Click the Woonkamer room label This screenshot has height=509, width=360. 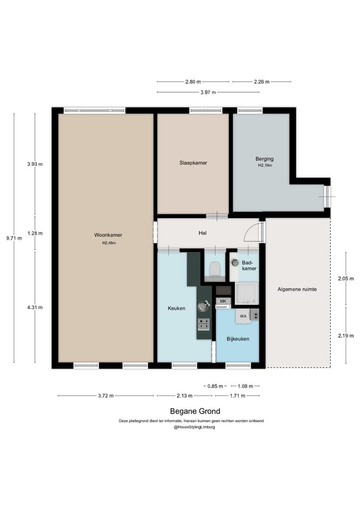[108, 235]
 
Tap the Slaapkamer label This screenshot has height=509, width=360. [193, 163]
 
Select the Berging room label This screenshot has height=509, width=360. [265, 159]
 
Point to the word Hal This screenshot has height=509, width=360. [203, 233]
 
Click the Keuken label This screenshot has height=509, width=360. [177, 309]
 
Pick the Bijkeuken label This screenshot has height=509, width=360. [238, 339]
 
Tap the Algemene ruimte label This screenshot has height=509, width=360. [297, 289]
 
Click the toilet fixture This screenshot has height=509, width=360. [215, 269]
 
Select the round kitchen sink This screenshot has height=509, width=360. [204, 306]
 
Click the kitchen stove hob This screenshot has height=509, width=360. [204, 324]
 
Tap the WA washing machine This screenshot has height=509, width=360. [243, 316]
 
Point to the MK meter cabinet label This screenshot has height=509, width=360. [223, 301]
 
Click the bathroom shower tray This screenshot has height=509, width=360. [247, 294]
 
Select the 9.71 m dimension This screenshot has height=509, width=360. [14, 238]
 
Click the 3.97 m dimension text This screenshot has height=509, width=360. [208, 92]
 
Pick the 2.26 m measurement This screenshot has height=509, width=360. [261, 82]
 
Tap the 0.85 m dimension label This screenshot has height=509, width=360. [215, 387]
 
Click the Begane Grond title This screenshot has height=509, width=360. [195, 411]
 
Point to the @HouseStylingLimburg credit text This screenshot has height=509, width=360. [194, 427]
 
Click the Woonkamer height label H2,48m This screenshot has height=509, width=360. [109, 243]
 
